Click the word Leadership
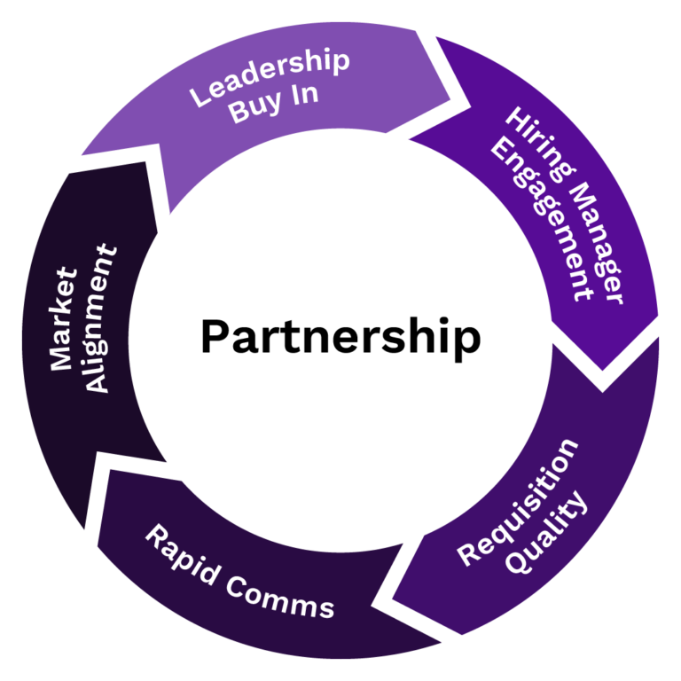pos(270,77)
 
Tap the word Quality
pos(549,531)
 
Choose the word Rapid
pos(181,553)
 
